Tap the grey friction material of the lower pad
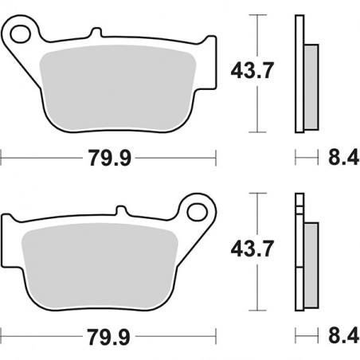[100, 263]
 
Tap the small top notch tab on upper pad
[96, 33]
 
